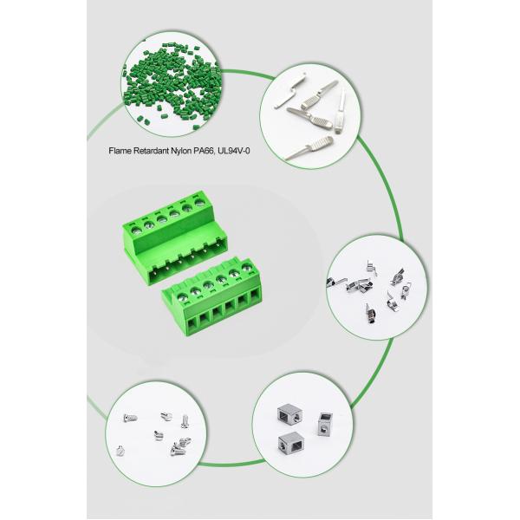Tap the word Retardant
point(151,151)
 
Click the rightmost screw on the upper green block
point(199,202)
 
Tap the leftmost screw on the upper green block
point(135,231)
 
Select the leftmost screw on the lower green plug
point(181,296)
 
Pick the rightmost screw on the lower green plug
point(247,267)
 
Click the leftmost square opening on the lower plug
point(192,324)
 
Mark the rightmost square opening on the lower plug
point(254,296)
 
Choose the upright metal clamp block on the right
point(324,424)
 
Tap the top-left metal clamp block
point(289,414)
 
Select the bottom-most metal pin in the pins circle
point(309,148)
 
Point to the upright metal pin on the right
point(341,112)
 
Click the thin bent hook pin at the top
point(289,90)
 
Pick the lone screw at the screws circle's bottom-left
point(120,451)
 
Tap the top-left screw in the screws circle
point(130,419)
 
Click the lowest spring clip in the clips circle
point(371,314)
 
